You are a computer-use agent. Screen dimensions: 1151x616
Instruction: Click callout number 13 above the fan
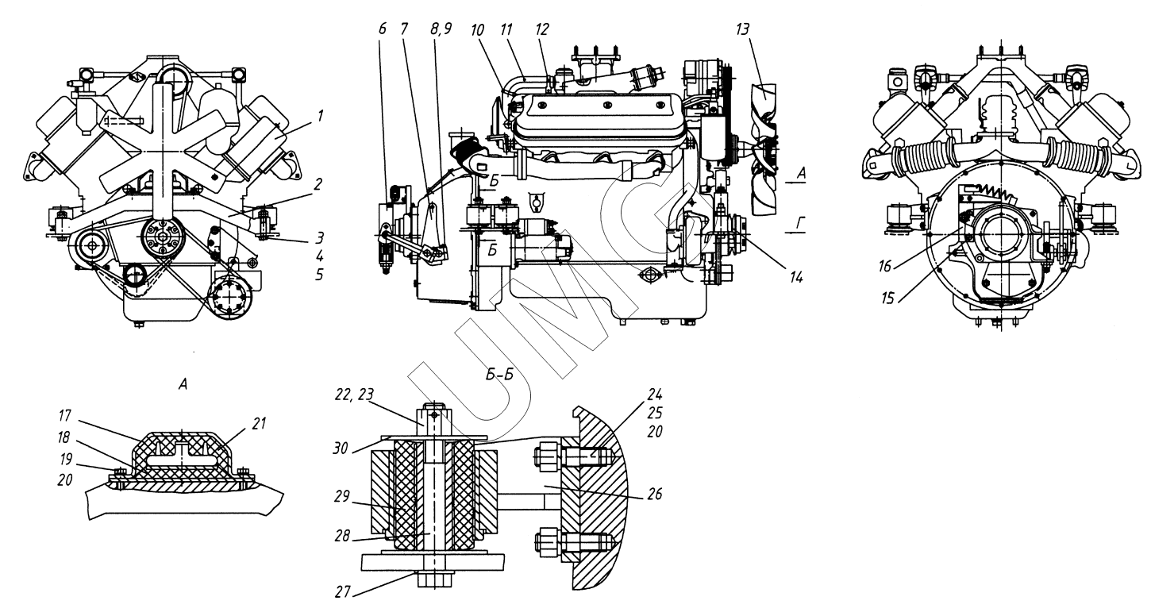(743, 29)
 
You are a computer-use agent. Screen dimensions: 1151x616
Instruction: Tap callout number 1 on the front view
(321, 116)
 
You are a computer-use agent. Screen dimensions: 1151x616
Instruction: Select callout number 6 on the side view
(382, 29)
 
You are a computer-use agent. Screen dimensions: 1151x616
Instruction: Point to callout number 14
(796, 278)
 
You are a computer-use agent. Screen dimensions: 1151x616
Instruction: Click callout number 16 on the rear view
(885, 266)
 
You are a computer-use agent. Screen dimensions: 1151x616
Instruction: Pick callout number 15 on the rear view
(888, 298)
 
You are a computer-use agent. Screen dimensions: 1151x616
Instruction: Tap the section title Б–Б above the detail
(499, 375)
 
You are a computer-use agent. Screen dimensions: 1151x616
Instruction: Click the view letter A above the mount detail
(183, 383)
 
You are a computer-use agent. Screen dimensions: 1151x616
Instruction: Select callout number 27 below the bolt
(343, 592)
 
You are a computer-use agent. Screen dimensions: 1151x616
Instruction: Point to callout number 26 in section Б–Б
(655, 495)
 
